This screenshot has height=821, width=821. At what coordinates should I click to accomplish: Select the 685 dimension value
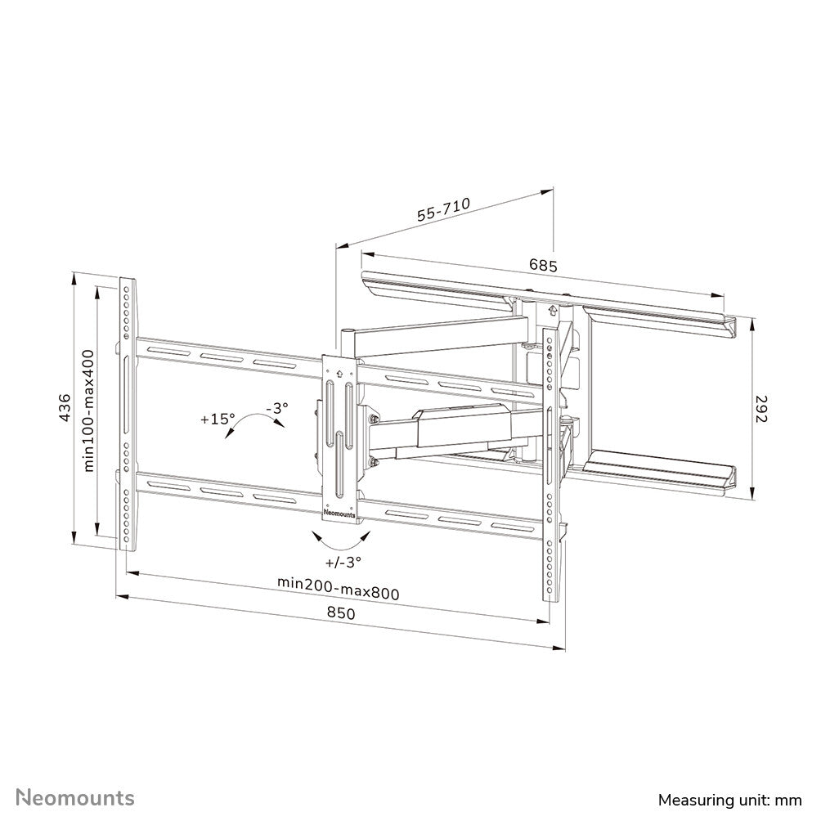(542, 265)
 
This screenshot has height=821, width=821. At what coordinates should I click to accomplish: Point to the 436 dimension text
(65, 407)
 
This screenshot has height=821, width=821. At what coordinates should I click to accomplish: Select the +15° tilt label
(218, 418)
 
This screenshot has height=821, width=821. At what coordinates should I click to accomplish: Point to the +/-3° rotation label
(343, 561)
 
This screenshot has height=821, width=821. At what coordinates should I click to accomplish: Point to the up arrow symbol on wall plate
(553, 311)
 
